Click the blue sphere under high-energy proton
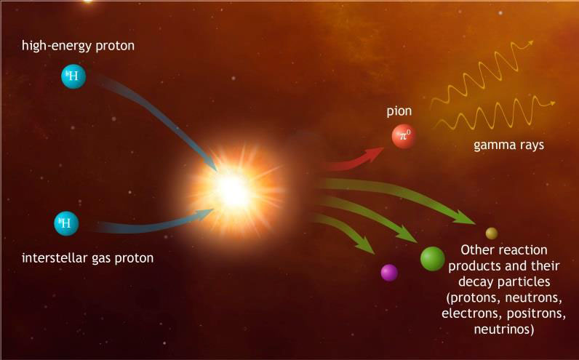[73, 76]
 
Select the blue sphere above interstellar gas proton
[66, 223]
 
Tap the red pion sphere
[404, 136]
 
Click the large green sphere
[432, 258]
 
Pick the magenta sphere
[389, 273]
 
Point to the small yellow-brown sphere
[492, 233]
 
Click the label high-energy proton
[78, 46]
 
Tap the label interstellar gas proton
[87, 257]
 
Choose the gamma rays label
[509, 145]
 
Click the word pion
[399, 111]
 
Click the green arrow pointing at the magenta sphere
[343, 231]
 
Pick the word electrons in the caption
[472, 313]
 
